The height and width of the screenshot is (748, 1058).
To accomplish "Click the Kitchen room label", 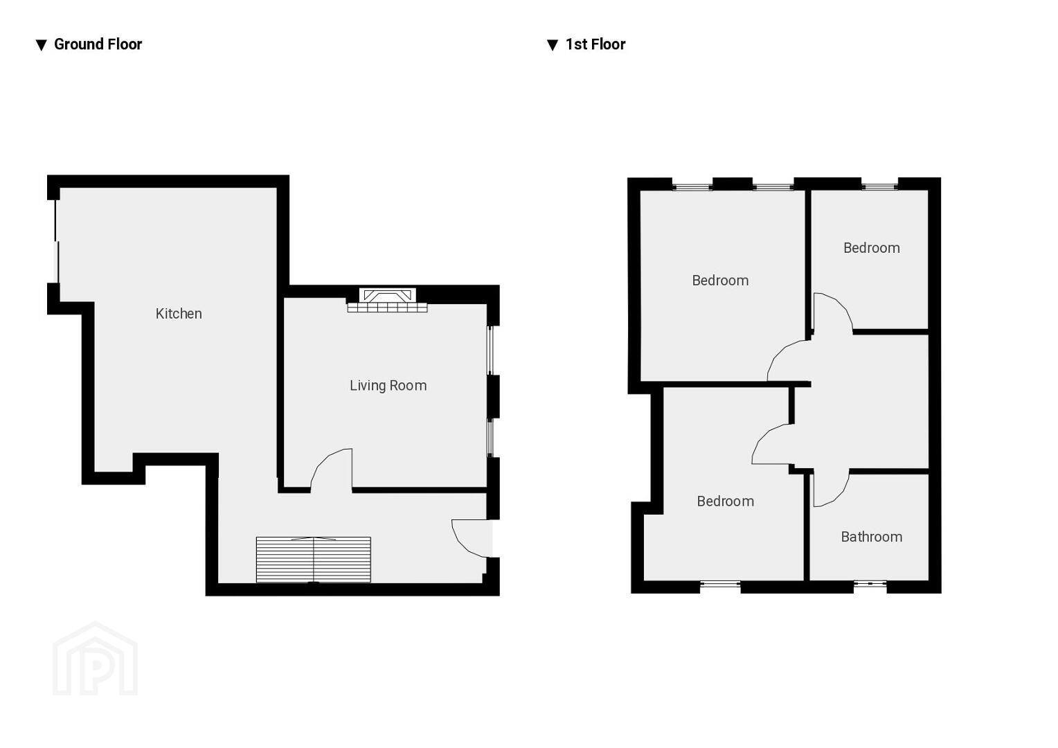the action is [x=179, y=314].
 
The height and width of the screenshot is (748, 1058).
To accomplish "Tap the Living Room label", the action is [x=388, y=386].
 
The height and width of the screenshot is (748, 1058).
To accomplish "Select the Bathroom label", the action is [x=872, y=537].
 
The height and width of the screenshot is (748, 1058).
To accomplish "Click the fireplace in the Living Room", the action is [x=387, y=300].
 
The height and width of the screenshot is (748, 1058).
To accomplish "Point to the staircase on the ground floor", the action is [x=314, y=560].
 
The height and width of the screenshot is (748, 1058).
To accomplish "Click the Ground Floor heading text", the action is [x=98, y=44].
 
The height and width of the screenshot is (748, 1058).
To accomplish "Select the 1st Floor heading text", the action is [x=595, y=44].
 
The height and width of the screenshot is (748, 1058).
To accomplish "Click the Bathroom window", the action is [x=870, y=585].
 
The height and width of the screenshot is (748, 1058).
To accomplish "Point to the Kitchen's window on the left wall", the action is [x=57, y=241].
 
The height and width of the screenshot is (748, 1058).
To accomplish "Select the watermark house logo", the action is [x=95, y=659].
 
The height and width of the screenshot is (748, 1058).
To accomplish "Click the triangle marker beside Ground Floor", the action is [x=42, y=45].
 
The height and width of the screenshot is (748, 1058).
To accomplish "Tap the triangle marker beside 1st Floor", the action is [x=553, y=45].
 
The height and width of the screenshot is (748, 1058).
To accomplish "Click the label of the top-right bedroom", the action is [x=872, y=248].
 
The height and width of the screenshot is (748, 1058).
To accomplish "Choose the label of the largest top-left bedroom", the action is [x=720, y=280].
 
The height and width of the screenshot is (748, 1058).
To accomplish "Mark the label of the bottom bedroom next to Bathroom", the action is [x=726, y=501].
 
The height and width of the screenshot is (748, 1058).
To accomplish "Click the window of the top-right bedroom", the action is [x=879, y=186].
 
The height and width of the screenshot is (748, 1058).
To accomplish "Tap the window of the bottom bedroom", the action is [x=720, y=585].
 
